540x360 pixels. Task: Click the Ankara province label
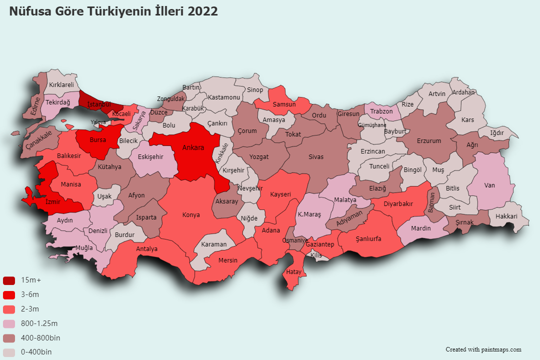coord(193,148)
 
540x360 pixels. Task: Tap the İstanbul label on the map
coord(98,104)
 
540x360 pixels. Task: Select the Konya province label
coord(191,215)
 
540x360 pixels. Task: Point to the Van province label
coord(489,185)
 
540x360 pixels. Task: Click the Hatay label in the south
coord(293,272)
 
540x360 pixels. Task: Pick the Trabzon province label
coord(381,111)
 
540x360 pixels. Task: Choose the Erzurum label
coord(429,141)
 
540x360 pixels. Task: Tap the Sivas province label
coord(316,157)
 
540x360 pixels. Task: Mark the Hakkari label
coord(506,216)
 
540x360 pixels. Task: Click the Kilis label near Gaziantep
coord(316,255)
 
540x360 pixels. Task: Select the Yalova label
coord(98,122)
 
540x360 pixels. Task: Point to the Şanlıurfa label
coord(368,239)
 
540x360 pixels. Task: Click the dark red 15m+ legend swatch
coord(9,280)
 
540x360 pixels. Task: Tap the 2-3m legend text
coord(30,309)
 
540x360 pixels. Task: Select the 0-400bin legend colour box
coord(9,352)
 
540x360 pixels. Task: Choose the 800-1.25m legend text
coord(39,323)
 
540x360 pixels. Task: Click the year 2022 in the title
coord(202,11)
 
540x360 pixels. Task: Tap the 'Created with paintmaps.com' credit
coord(483,349)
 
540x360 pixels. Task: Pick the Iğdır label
coord(497,133)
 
